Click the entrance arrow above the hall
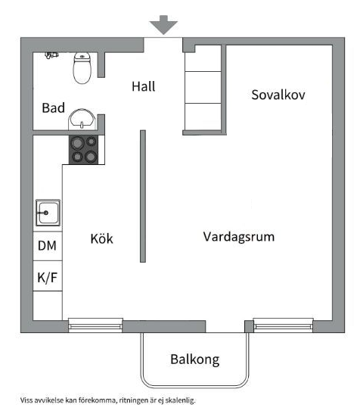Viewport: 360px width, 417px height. tap(163, 25)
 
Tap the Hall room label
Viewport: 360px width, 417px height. tap(144, 87)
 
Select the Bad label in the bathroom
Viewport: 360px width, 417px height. tap(53, 107)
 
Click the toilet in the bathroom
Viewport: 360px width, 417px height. tap(82, 68)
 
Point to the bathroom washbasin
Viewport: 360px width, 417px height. tap(82, 119)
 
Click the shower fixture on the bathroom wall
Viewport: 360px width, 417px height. tap(51, 55)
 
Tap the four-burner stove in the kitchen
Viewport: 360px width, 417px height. tap(83, 150)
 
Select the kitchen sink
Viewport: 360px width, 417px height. tap(48, 213)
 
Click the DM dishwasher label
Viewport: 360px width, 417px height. tap(47, 246)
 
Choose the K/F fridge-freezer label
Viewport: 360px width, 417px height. tap(48, 278)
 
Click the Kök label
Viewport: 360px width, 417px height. tap(101, 238)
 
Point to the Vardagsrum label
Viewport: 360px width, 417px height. tap(239, 237)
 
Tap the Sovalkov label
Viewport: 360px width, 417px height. tap(278, 95)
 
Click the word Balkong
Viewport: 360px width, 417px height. tap(194, 359)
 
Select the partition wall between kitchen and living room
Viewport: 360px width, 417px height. tap(143, 196)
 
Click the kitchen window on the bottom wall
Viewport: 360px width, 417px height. tap(95, 325)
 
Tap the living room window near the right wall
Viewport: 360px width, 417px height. tap(283, 325)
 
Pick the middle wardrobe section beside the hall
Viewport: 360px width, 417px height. tap(203, 87)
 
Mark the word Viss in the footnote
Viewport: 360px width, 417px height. tap(26, 400)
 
